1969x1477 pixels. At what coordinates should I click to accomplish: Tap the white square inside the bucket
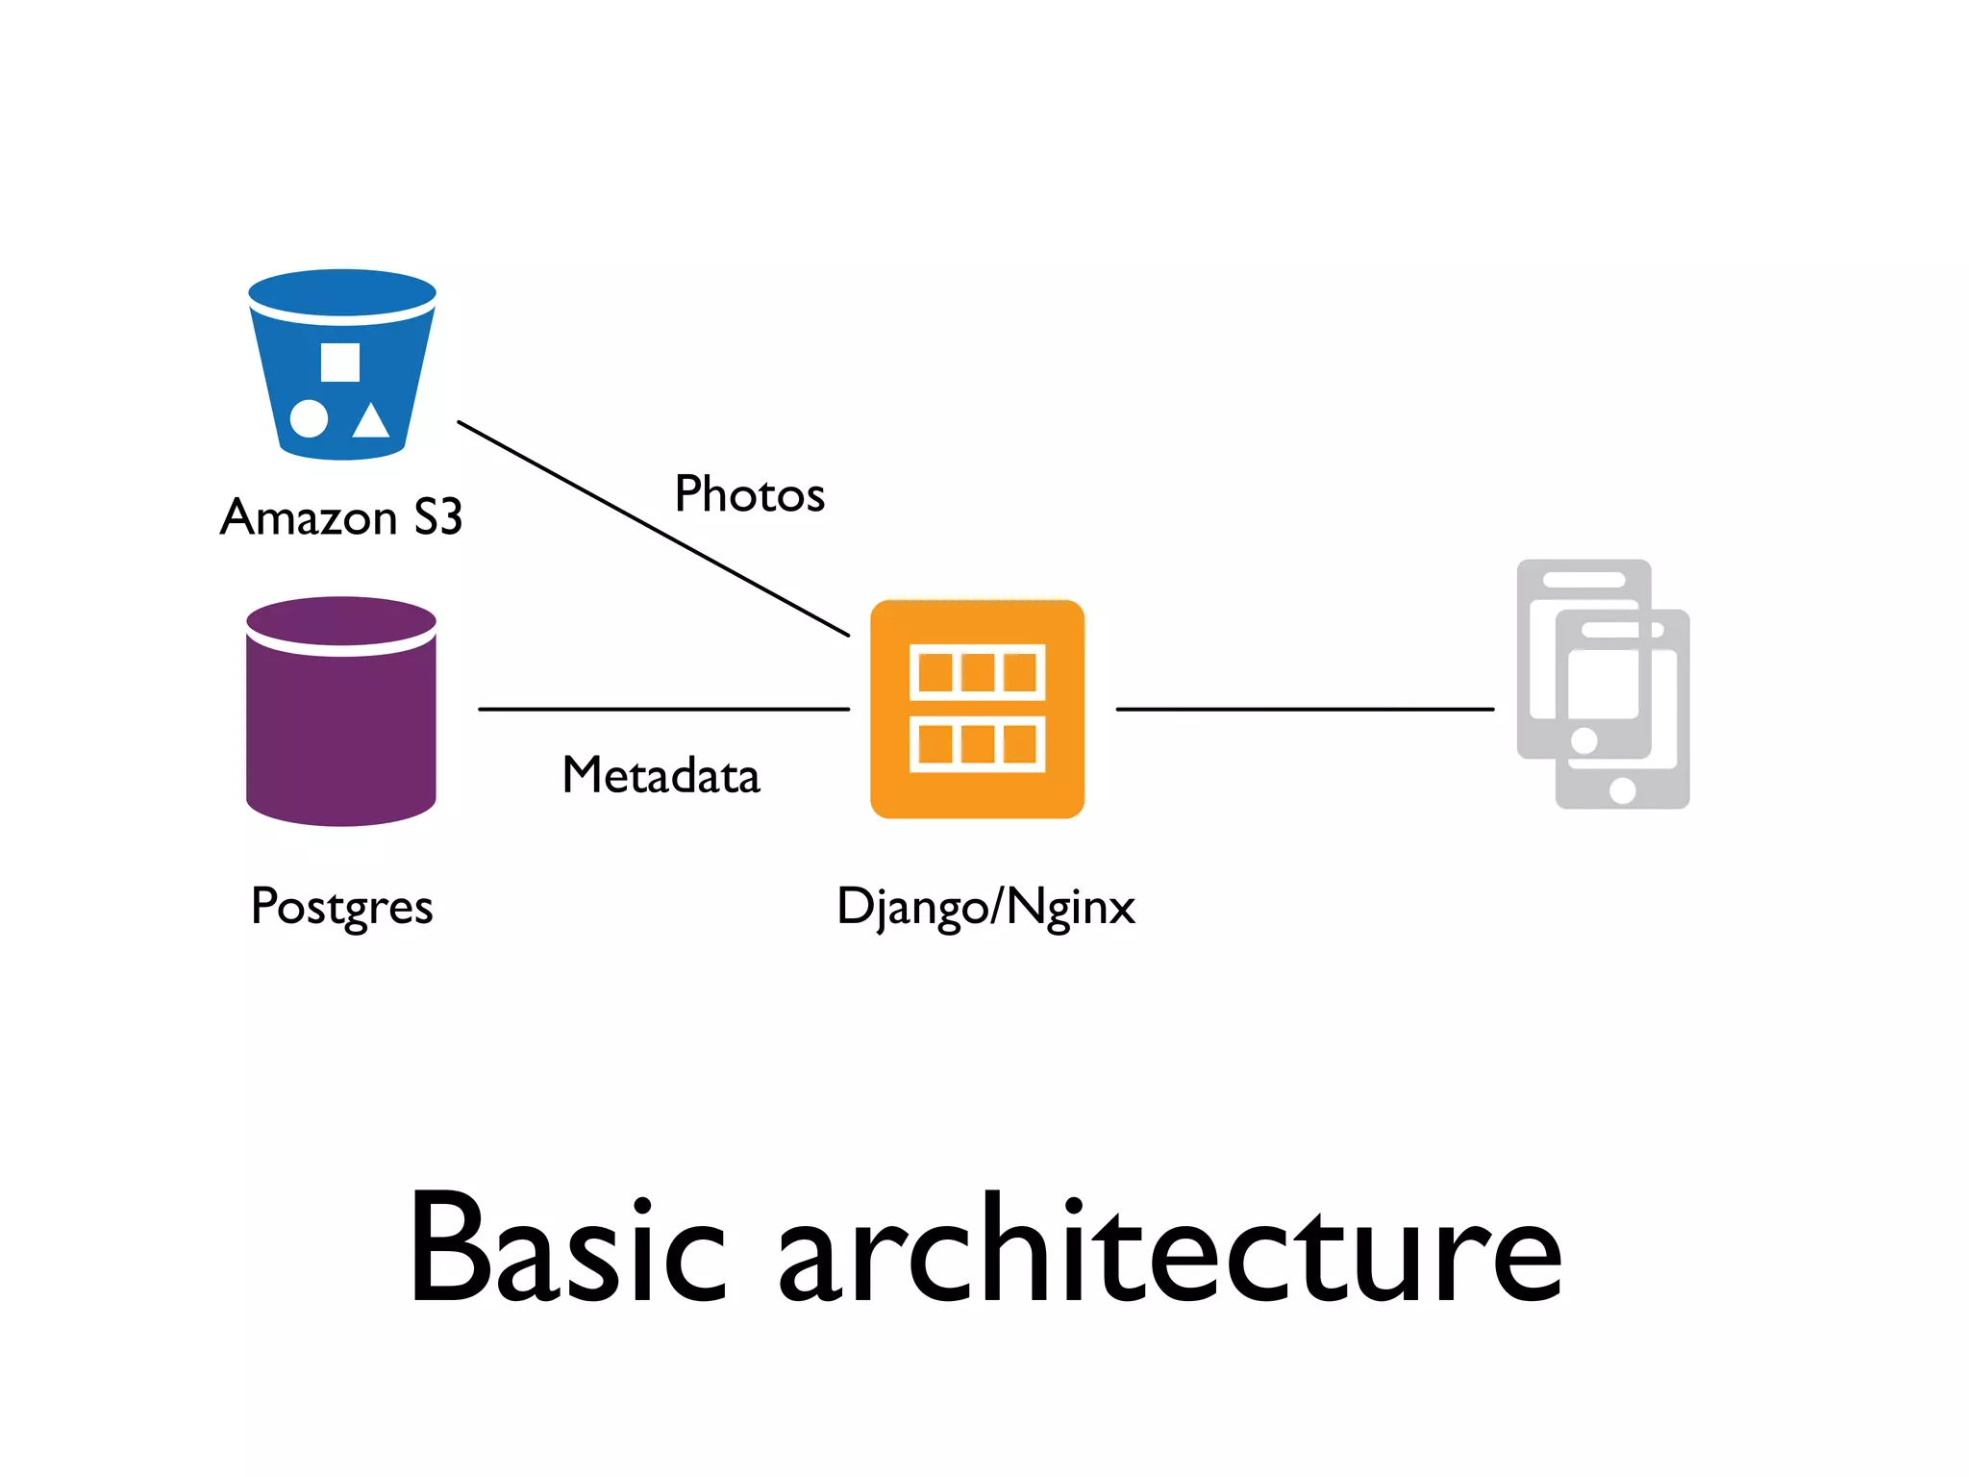(340, 363)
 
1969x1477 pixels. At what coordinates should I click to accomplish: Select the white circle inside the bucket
(309, 418)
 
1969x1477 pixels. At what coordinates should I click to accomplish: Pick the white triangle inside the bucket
(371, 421)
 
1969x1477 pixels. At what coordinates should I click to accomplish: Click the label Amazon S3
(341, 517)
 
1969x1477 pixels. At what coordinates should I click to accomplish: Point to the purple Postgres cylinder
(341, 731)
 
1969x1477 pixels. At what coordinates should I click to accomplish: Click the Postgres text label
(341, 907)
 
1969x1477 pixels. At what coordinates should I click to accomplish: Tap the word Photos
(749, 494)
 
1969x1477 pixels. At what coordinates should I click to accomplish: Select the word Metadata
(660, 775)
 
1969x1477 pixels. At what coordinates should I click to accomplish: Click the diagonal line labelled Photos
(653, 528)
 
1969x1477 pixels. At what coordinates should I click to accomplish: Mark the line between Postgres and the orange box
(663, 709)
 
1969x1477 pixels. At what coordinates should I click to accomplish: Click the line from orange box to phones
(1305, 709)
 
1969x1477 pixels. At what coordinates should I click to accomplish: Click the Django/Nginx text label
(985, 907)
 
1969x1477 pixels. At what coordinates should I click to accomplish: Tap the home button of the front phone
(1622, 790)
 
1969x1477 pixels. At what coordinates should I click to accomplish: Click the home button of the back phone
(1583, 740)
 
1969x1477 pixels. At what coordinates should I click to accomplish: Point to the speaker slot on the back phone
(1583, 580)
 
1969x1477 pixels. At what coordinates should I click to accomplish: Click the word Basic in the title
(567, 1250)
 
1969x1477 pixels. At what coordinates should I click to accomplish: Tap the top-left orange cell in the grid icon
(935, 672)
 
